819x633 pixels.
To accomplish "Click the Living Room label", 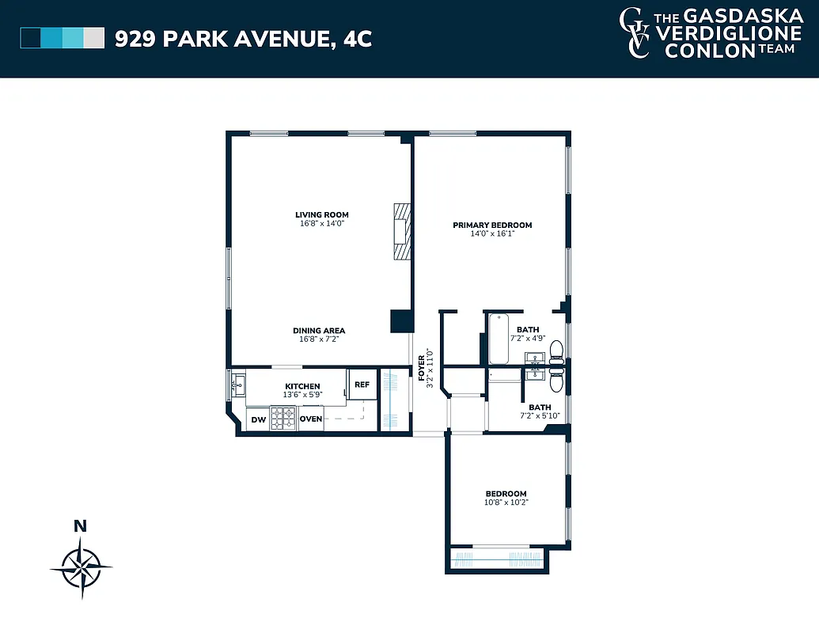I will pos(321,214).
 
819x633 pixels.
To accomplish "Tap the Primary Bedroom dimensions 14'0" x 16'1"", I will pos(491,234).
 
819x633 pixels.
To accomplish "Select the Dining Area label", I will pos(319,331).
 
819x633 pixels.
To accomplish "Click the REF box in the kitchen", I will pos(362,385).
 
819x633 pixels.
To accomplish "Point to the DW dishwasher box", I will pos(258,419).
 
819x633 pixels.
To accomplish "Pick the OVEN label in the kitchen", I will pos(311,419).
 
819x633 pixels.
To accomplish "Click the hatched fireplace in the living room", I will pos(403,231).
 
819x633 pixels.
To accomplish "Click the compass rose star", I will pos(80,567).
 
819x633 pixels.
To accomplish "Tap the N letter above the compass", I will pos(79,525).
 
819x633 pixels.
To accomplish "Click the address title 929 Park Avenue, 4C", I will pos(243,38).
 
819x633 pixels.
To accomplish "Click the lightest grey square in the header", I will pos(94,38).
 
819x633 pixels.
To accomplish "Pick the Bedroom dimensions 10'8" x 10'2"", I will pos(506,502).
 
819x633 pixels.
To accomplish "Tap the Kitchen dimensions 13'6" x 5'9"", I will pos(302,395).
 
